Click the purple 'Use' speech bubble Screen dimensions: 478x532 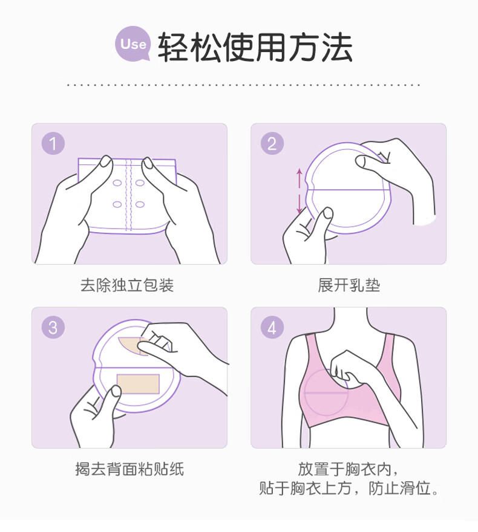tap(133, 44)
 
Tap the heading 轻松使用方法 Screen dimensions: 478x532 tap(255, 48)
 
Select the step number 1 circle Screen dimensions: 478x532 tap(53, 143)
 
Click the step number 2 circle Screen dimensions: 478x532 tap(272, 143)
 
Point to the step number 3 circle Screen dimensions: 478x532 tap(53, 328)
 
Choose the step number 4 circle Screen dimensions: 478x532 tap(272, 328)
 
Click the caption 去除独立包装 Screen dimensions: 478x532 tap(127, 285)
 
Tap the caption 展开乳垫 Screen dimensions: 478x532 tap(349, 285)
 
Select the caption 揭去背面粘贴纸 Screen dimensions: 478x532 tap(129, 469)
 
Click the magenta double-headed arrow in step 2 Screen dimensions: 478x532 tap(299, 191)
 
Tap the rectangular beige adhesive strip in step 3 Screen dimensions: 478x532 tap(138, 384)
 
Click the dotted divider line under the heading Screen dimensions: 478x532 tap(243, 85)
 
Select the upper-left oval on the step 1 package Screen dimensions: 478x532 tap(117, 183)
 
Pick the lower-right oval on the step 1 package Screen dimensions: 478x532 tap(140, 204)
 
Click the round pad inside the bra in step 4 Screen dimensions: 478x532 tap(326, 392)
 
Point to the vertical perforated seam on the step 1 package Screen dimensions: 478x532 tap(129, 195)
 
